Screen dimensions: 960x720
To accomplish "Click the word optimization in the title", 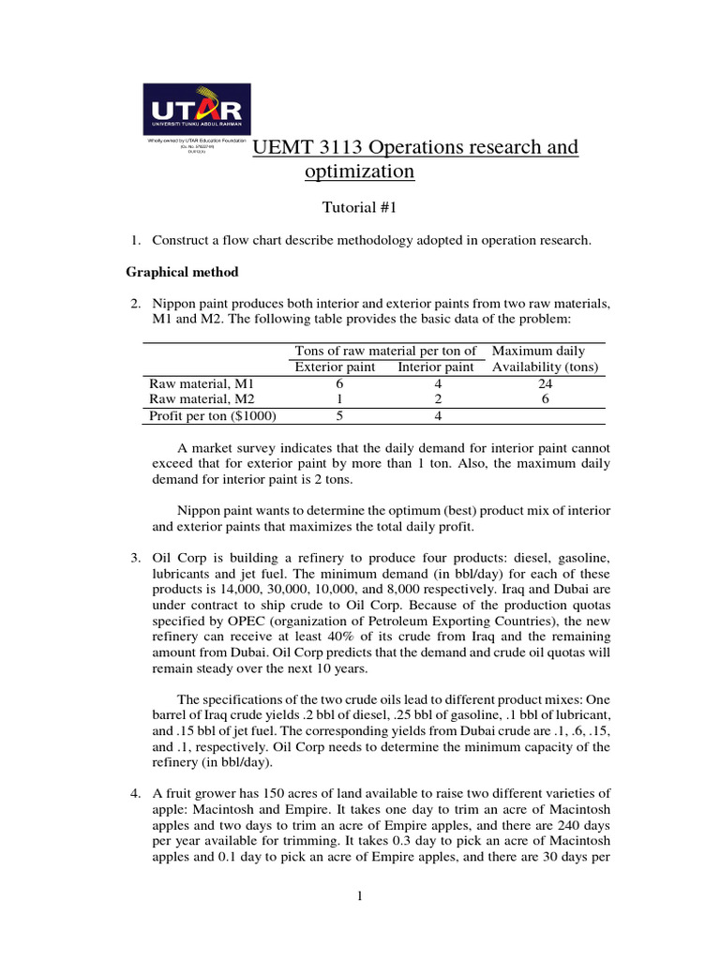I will (359, 172).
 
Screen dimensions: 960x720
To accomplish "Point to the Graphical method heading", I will (182, 272).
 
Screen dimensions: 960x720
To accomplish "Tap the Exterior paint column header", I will (335, 367).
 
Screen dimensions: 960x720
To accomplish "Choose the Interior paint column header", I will (438, 367).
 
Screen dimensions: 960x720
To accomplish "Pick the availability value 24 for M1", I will (545, 383).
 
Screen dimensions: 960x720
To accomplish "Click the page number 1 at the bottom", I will (359, 897).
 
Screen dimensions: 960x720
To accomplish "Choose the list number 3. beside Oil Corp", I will (135, 559).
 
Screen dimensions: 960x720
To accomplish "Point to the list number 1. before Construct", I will (135, 241).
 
